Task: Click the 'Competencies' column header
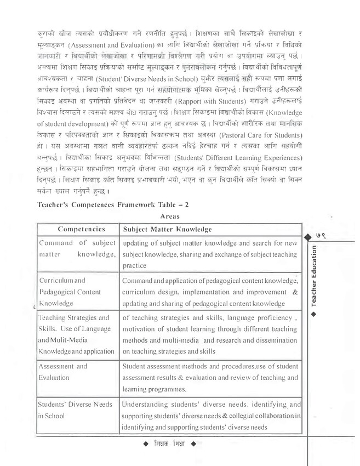81,228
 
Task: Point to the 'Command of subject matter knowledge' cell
77,248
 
